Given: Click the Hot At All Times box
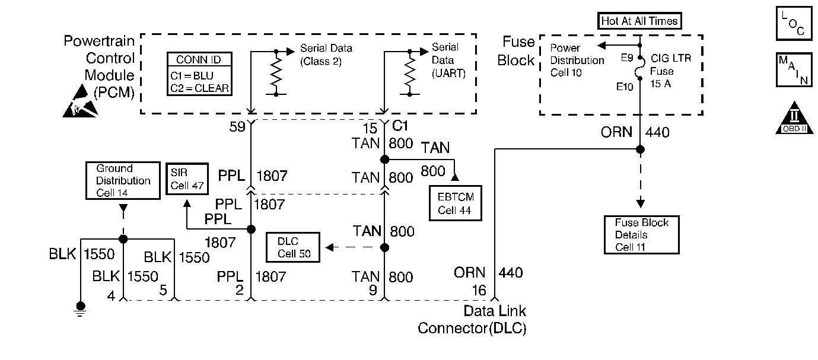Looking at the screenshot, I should (x=639, y=21).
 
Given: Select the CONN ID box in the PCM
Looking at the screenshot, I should (x=199, y=74).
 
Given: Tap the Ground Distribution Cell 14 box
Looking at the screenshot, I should (x=123, y=180).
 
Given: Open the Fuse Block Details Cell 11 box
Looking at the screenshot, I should (x=641, y=235).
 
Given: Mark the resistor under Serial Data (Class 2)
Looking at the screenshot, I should (x=276, y=74).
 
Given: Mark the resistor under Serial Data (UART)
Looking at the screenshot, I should (x=409, y=74).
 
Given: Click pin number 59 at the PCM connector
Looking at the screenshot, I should (x=240, y=128).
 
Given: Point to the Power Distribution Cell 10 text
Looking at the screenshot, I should (x=577, y=60).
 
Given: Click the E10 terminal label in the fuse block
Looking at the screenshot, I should (x=624, y=87).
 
